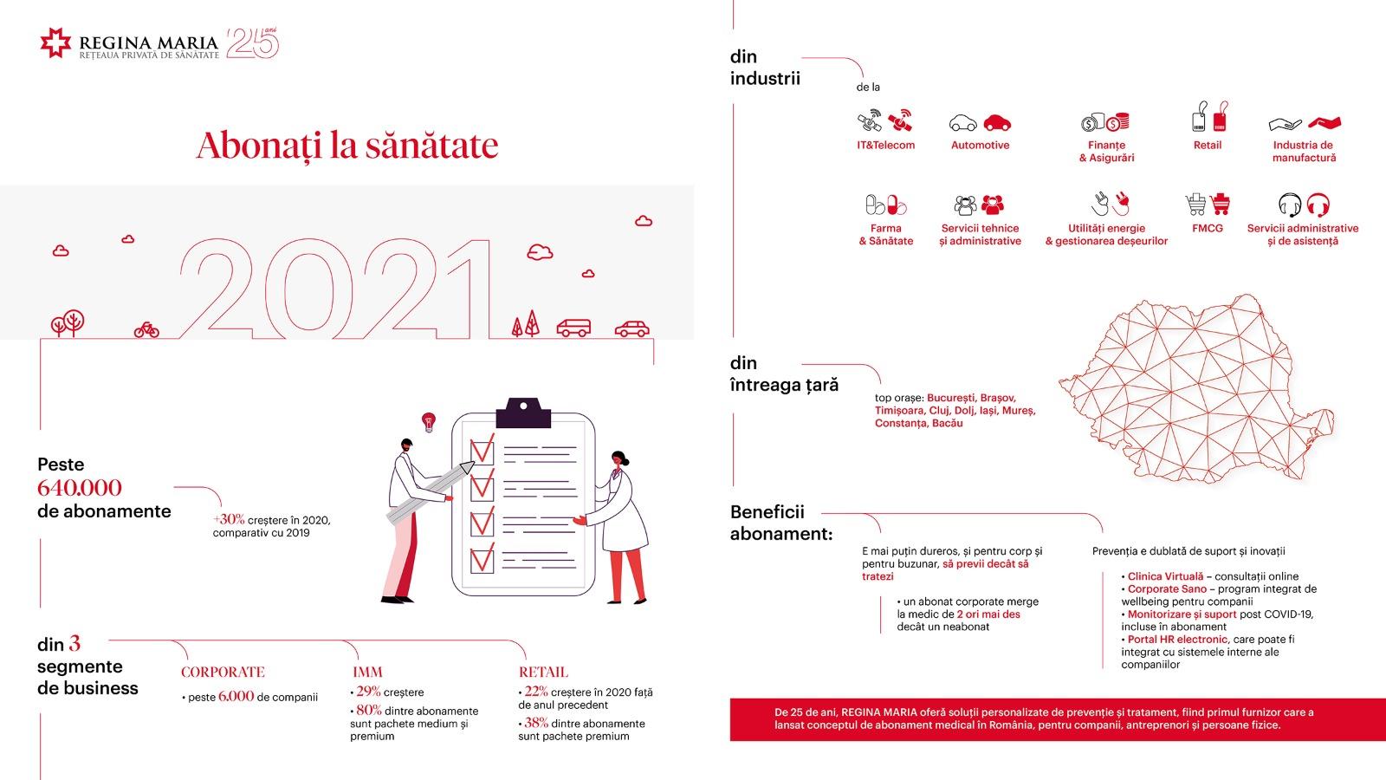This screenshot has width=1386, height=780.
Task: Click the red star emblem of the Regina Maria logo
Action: [55, 42]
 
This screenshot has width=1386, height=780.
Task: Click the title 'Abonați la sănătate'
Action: [347, 146]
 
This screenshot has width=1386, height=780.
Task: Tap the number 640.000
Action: [79, 488]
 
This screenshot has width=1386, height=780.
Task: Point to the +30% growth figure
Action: [229, 519]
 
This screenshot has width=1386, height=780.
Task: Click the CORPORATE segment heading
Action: [223, 673]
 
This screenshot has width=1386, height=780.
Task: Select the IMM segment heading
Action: [367, 673]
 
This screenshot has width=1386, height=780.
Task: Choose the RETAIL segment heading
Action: [543, 673]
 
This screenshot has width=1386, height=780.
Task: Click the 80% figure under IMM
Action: [369, 710]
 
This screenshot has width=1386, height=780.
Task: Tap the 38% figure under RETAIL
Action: [536, 723]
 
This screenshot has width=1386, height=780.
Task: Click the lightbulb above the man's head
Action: [428, 421]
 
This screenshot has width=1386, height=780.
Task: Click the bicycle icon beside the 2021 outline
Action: [146, 330]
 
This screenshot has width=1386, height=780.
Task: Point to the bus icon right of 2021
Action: [573, 328]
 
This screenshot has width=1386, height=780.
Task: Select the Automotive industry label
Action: [980, 146]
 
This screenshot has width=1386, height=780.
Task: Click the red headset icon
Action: [1318, 205]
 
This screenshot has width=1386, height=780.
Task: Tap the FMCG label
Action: [1208, 229]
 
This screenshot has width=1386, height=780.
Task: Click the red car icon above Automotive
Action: [997, 123]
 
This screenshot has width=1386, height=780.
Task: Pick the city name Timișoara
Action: [900, 411]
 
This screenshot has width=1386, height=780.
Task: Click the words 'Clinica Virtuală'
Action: [1165, 576]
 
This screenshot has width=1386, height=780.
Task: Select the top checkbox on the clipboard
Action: [482, 450]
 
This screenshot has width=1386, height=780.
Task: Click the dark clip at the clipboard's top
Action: [523, 413]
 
